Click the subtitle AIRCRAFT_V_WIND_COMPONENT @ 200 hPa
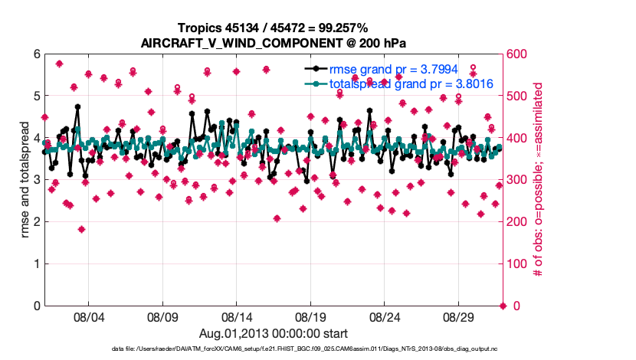tap(274, 42)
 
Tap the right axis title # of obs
tap(539, 180)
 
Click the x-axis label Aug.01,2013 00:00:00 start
tap(274, 334)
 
